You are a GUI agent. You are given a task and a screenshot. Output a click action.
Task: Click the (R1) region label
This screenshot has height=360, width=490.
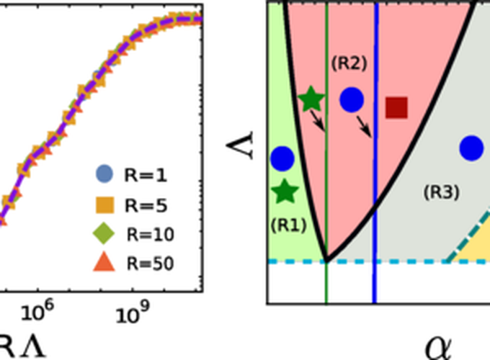(x=288, y=224)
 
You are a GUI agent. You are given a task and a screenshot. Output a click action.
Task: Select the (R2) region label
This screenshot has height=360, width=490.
(x=349, y=63)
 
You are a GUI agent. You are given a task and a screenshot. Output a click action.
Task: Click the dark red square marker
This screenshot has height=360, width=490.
(x=397, y=107)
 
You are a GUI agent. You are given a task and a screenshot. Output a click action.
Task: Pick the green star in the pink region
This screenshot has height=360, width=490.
(x=311, y=99)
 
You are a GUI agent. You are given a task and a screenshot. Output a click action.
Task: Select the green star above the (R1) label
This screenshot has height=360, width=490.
(x=286, y=192)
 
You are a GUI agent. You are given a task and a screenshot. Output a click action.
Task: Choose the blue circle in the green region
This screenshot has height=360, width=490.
(x=281, y=158)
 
